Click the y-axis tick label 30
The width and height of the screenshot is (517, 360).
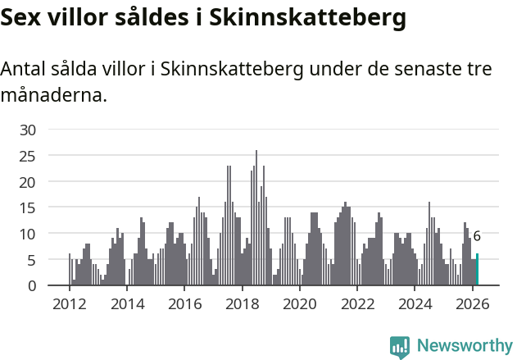coord(28,130)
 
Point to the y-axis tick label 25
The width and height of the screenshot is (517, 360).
coord(28,156)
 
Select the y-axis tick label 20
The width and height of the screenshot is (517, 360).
coord(28,181)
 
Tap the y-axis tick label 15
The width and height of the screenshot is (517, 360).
coord(28,207)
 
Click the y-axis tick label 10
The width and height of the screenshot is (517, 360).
coord(28,234)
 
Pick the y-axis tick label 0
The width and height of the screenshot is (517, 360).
coord(32,285)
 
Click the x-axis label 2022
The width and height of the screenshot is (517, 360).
coord(357,303)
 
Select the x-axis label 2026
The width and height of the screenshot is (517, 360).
coord(473,303)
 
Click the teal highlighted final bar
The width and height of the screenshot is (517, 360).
coord(478,270)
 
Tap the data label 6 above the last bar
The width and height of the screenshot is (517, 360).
coord(477,236)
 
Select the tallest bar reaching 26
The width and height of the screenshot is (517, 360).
coord(256,218)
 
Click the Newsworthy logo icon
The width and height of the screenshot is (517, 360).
coord(400,347)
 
